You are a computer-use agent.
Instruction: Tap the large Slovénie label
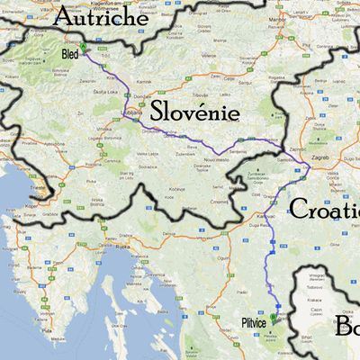(194, 112)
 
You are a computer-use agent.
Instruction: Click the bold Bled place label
(70, 54)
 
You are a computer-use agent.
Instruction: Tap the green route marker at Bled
(83, 47)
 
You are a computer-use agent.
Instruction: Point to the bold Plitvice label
(254, 321)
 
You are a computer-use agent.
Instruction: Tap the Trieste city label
(38, 186)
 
